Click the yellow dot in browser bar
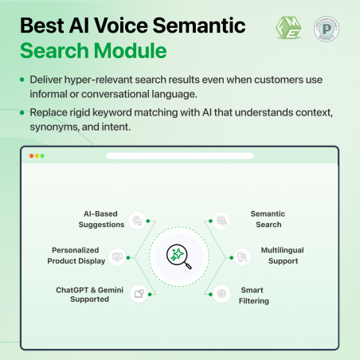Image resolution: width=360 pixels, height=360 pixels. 37,156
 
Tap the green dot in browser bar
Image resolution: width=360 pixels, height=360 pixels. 42,156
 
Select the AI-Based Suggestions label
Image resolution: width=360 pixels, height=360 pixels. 103,219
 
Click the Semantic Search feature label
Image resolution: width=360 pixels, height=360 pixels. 268,219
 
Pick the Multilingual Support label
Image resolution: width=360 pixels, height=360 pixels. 282,256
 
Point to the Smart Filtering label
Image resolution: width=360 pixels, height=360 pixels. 254,295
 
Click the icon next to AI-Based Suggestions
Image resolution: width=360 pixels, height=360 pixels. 137,219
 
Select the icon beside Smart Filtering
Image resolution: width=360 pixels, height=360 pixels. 221,293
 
